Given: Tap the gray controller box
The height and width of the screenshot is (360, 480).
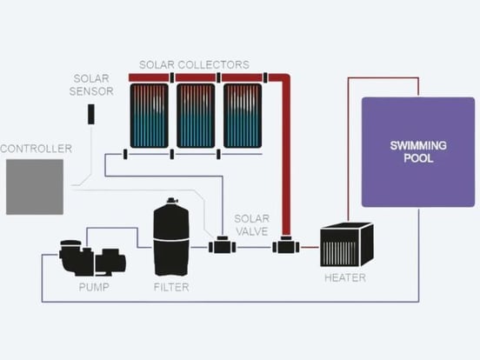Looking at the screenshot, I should [35, 187].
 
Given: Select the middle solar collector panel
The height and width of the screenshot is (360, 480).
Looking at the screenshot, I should [196, 116].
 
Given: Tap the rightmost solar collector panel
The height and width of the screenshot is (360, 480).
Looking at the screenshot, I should [243, 116].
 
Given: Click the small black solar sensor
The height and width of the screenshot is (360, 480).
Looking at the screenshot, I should [91, 114].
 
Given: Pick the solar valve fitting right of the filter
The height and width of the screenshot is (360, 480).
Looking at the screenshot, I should [222, 247].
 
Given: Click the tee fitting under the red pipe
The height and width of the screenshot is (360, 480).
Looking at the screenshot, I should [285, 247].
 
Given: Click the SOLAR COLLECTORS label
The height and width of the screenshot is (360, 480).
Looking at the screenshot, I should [195, 65].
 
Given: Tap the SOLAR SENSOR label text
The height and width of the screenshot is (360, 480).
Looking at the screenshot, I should [91, 84].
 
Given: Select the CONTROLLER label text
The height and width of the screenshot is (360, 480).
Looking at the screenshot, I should [36, 149].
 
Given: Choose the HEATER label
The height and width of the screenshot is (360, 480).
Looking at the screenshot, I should [344, 278].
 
